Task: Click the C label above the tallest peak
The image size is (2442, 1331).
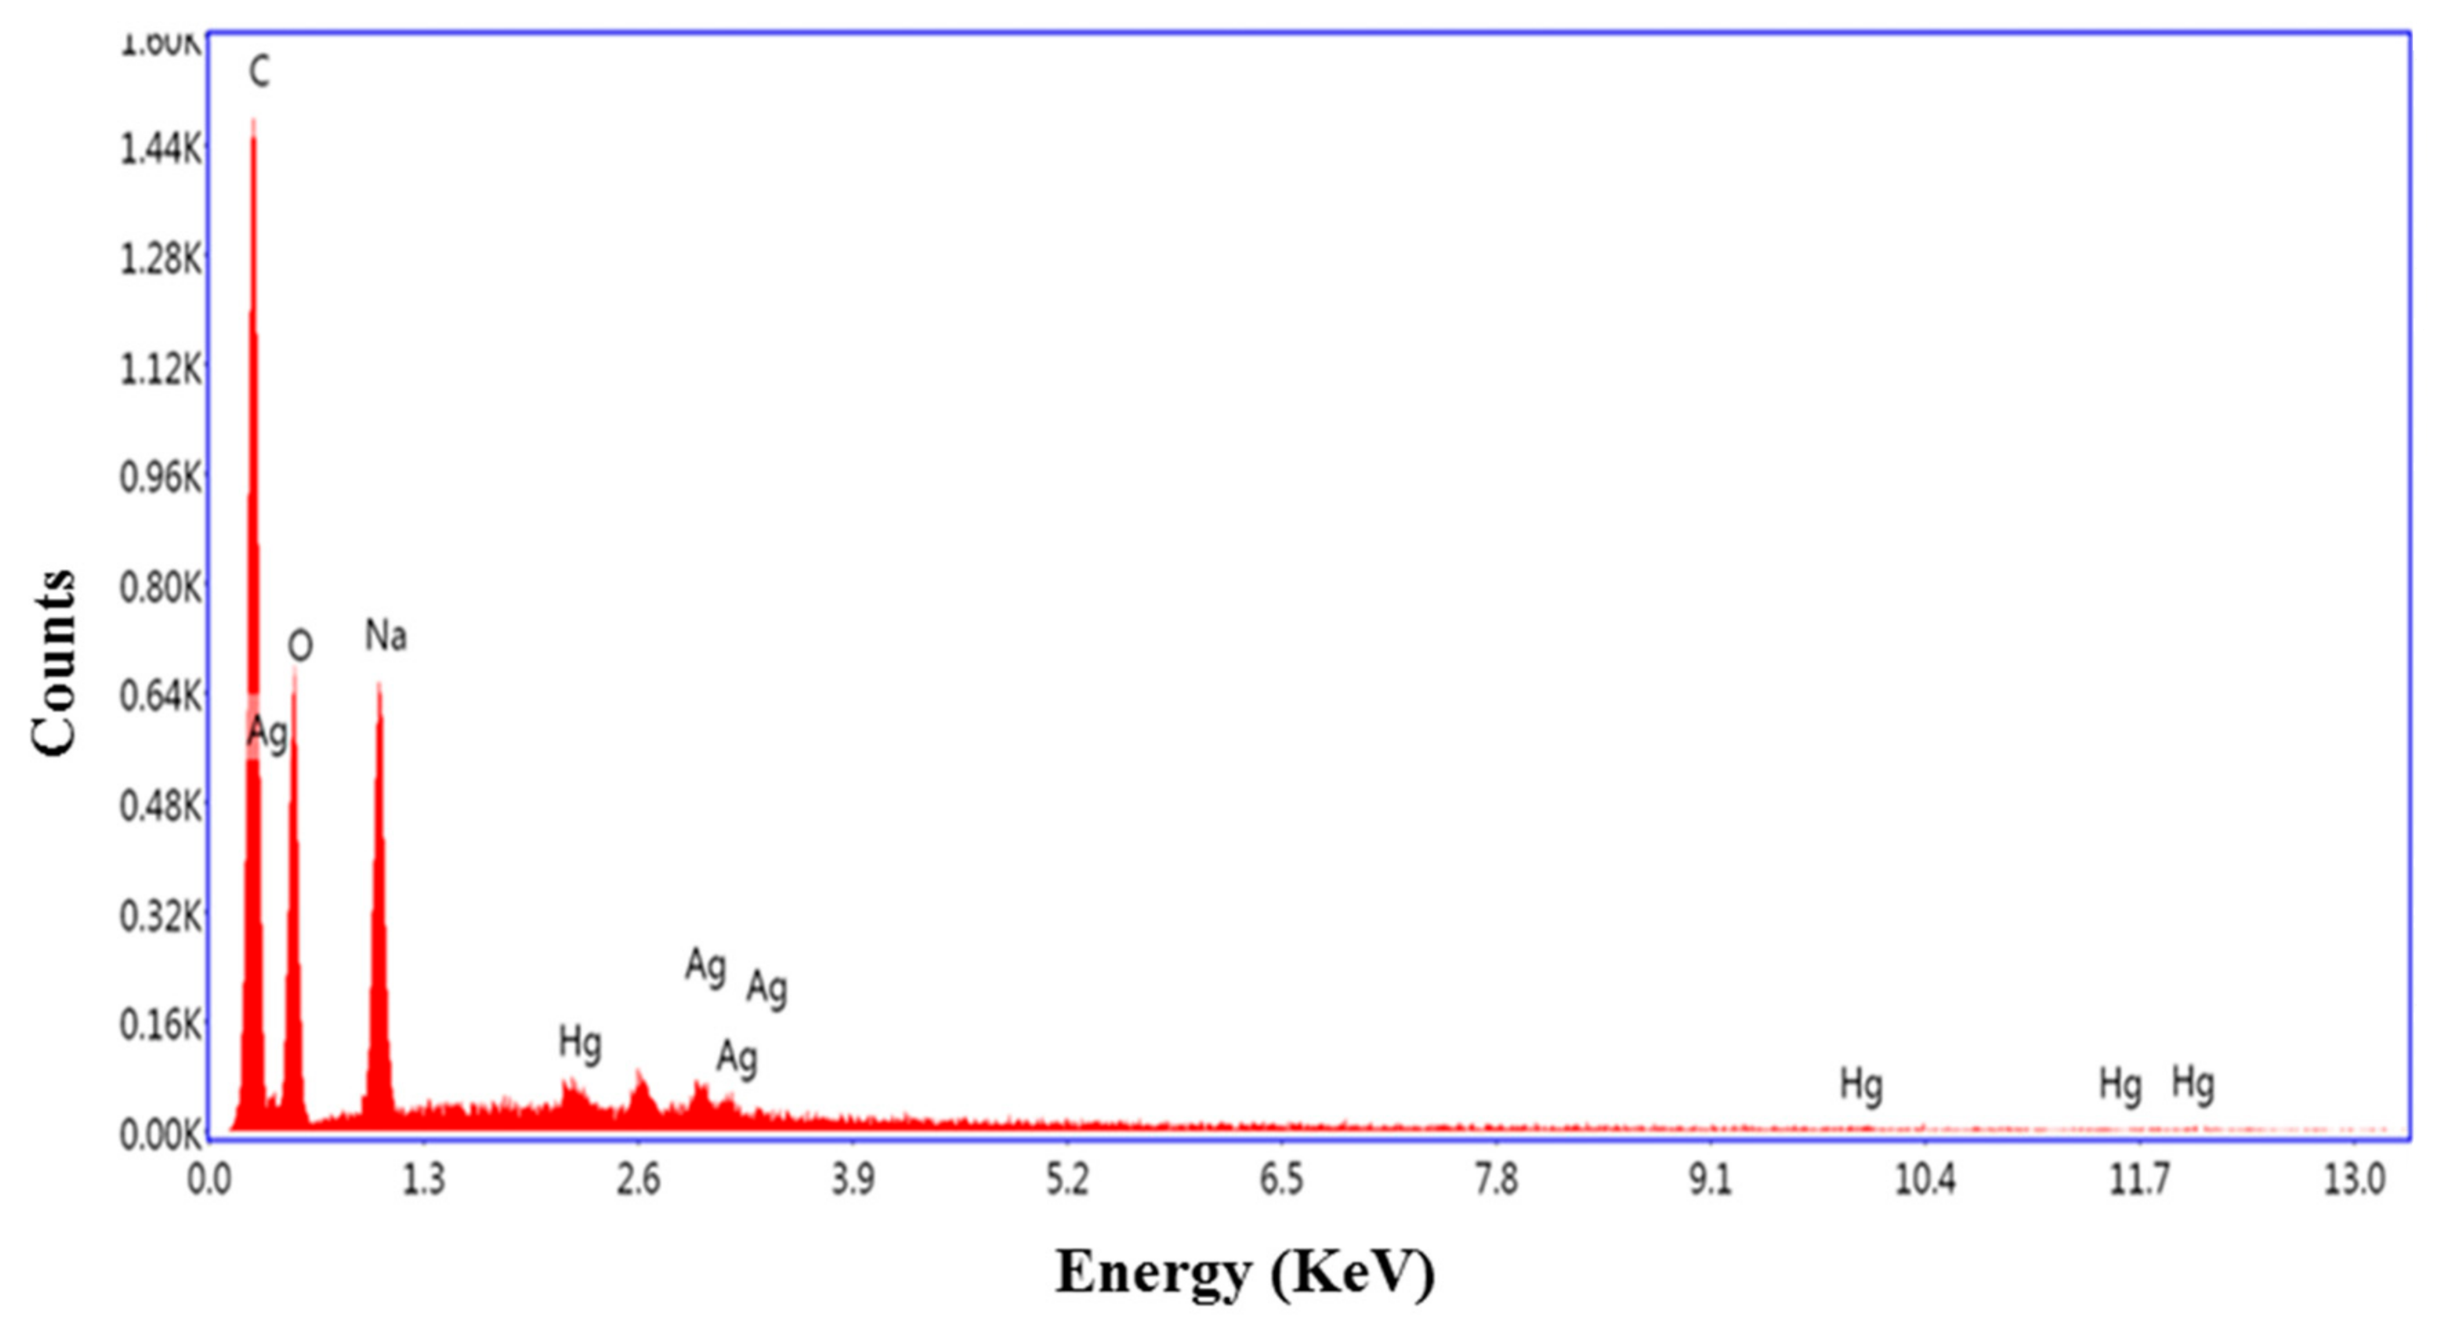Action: (x=259, y=71)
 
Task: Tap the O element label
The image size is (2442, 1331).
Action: (x=300, y=647)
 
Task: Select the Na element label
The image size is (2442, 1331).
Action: (x=386, y=635)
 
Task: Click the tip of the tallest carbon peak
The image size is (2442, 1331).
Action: (x=253, y=122)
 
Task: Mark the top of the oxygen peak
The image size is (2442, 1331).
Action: (x=295, y=669)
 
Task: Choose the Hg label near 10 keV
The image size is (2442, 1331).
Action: (x=1861, y=1084)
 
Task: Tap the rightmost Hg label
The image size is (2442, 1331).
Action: (x=2193, y=1082)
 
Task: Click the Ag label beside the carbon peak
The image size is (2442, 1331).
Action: (x=267, y=733)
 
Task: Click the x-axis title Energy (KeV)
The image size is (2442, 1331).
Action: (x=1245, y=1272)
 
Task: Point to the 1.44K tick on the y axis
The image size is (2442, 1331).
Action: (x=160, y=149)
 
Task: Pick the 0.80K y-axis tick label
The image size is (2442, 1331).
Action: (x=160, y=588)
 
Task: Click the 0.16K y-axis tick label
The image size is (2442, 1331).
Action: (x=160, y=1025)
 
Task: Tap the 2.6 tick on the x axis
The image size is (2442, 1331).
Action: (x=638, y=1180)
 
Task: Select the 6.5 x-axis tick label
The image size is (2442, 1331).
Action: (x=1281, y=1180)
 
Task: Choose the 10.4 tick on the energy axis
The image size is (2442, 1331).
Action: (x=1925, y=1180)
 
